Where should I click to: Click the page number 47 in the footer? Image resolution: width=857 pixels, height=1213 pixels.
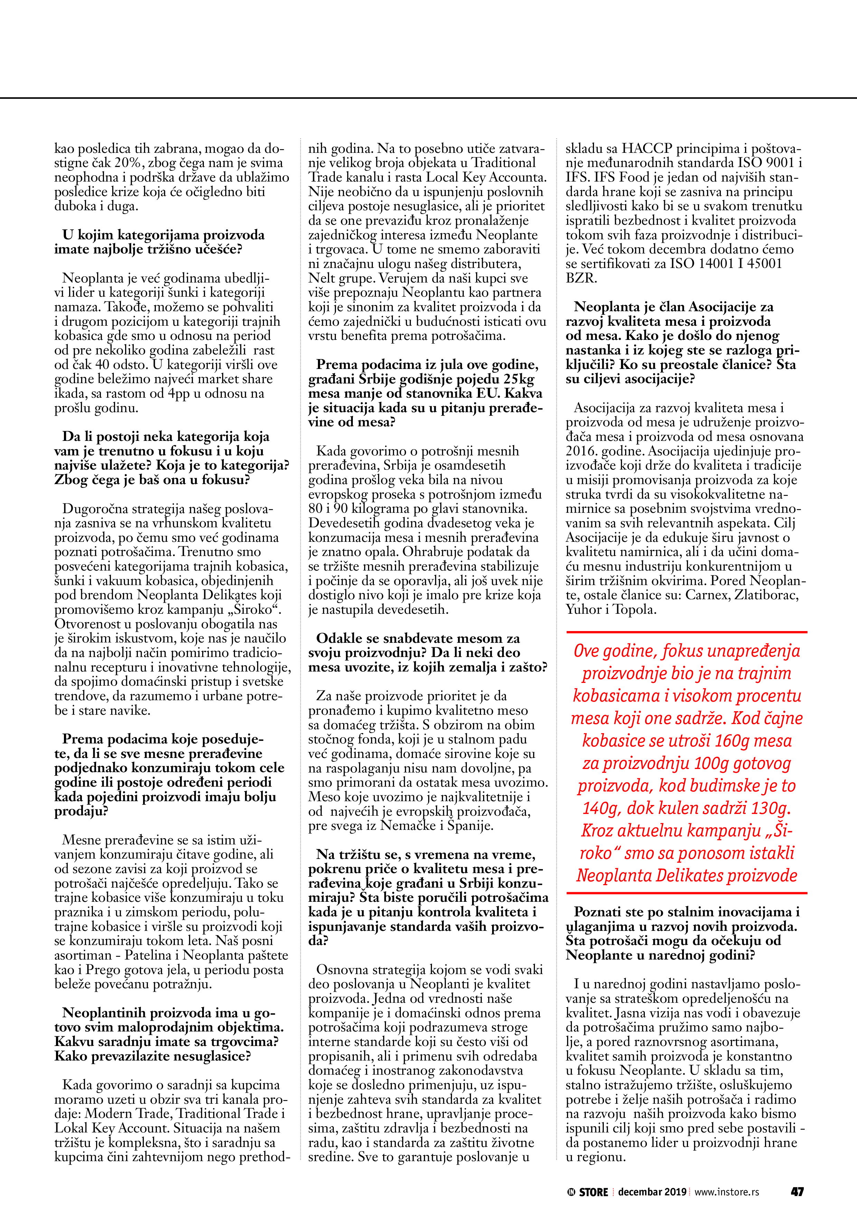coord(797,1191)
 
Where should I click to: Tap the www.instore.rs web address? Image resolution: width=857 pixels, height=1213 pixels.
coord(727,1192)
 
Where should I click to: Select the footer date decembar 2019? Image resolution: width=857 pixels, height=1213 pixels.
coord(652,1192)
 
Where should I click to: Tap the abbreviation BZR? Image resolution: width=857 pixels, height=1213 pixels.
coord(581,278)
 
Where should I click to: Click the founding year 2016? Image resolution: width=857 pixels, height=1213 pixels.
coord(580,451)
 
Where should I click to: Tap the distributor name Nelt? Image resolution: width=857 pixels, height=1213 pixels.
coord(321,278)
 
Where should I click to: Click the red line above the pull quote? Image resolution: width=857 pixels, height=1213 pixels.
coord(686,632)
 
